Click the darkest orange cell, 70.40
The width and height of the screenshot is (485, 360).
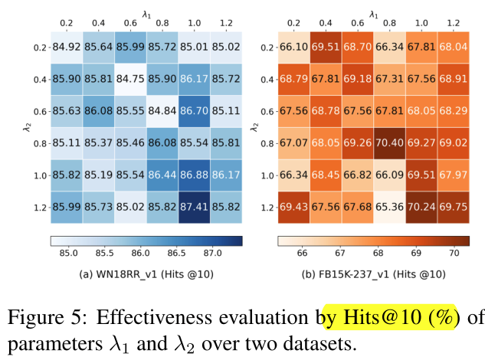tap(390, 142)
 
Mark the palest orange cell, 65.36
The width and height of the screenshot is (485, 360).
tap(390, 206)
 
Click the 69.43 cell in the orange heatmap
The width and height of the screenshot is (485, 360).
tap(293, 206)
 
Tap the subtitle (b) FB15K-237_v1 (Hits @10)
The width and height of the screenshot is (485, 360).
tap(372, 272)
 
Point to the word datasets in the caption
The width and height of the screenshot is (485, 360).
tap(323, 342)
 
